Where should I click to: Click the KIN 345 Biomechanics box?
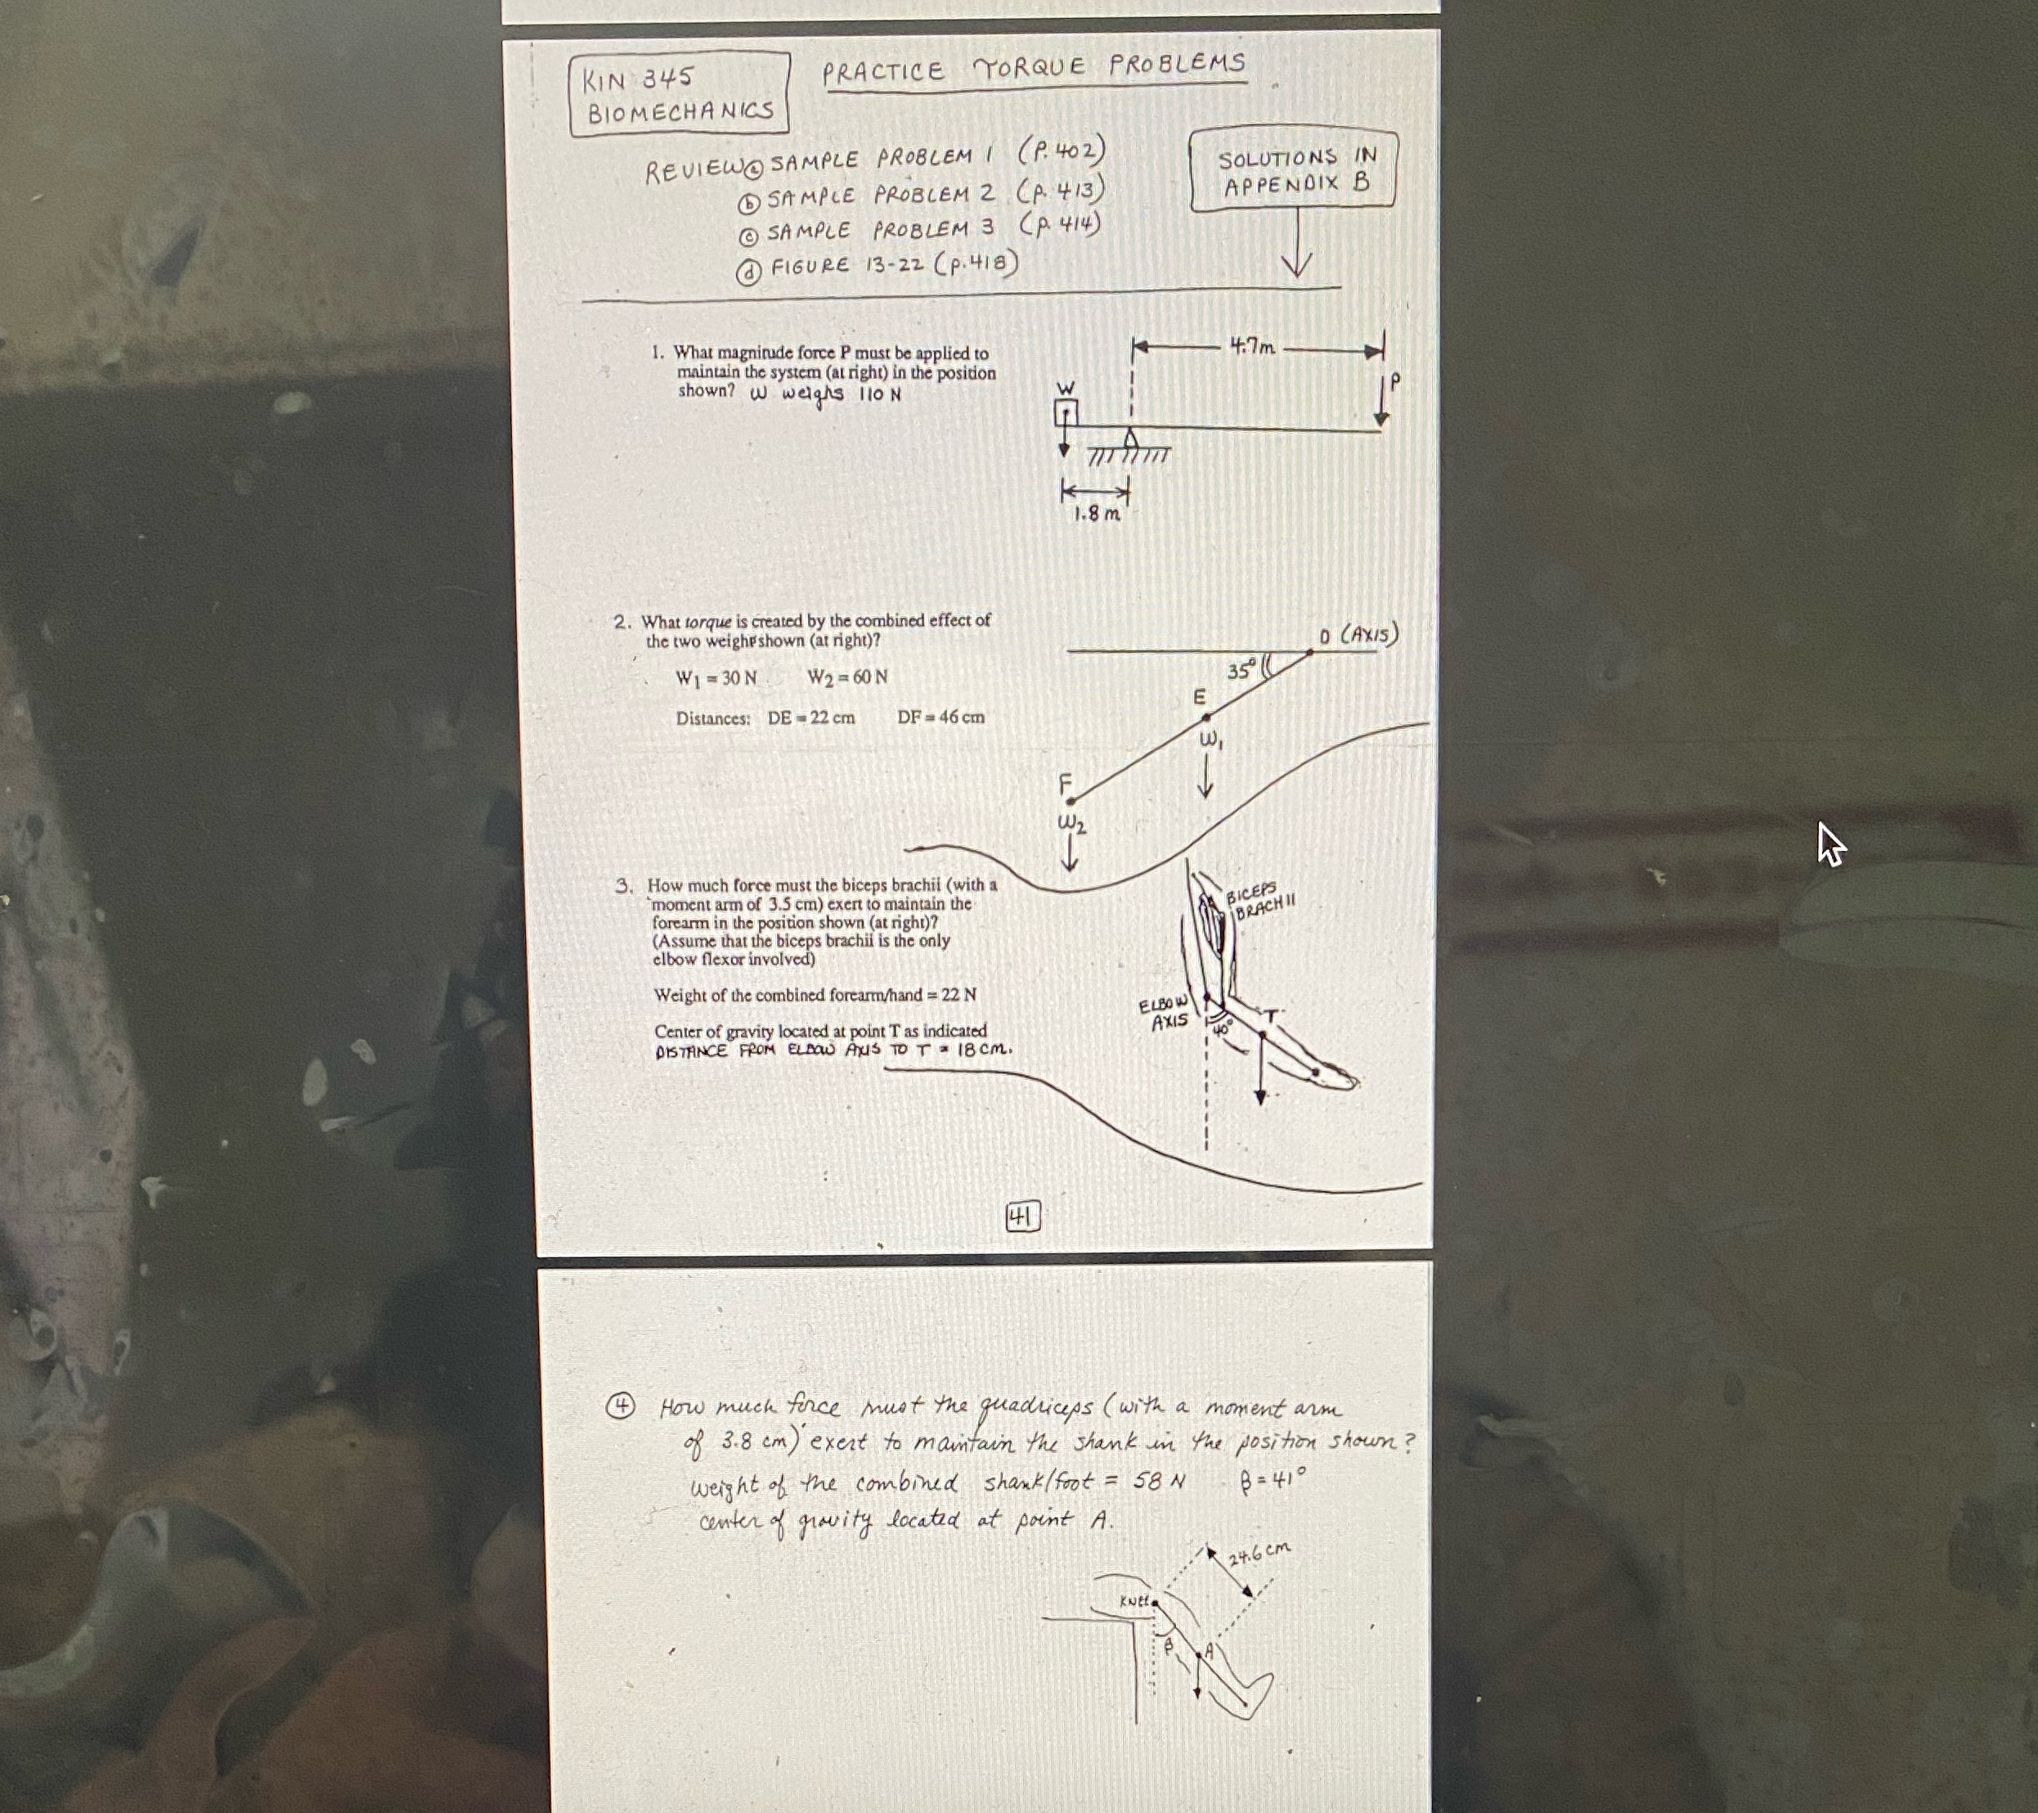point(679,94)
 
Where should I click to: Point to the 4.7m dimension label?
point(1251,347)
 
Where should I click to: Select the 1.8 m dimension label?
point(1096,515)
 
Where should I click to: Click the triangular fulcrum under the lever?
point(1129,439)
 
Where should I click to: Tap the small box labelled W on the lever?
point(1066,411)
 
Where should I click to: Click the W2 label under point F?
point(1072,826)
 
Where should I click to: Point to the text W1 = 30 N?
point(716,678)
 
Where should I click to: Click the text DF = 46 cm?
point(940,717)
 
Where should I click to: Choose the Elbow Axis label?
point(1164,1013)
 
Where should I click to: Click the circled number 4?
point(622,1407)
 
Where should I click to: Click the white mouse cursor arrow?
point(1830,844)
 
